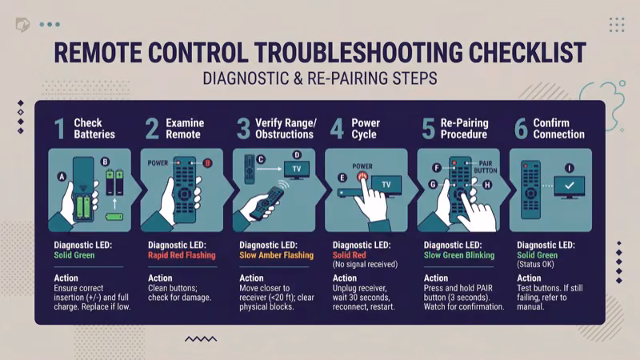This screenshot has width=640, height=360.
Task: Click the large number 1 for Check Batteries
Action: click(59, 129)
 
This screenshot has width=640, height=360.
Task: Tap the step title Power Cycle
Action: click(366, 129)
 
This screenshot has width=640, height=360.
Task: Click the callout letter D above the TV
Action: click(297, 154)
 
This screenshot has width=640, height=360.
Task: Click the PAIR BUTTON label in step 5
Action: click(485, 166)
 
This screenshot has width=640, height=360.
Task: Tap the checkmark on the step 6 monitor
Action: click(569, 186)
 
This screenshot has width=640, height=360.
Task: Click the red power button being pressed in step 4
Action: click(363, 176)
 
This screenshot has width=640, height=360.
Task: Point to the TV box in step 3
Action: click(296, 170)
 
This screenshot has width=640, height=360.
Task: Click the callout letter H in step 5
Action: click(486, 184)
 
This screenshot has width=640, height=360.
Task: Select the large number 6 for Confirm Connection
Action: click(521, 129)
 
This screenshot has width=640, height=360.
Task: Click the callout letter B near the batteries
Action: click(104, 162)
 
